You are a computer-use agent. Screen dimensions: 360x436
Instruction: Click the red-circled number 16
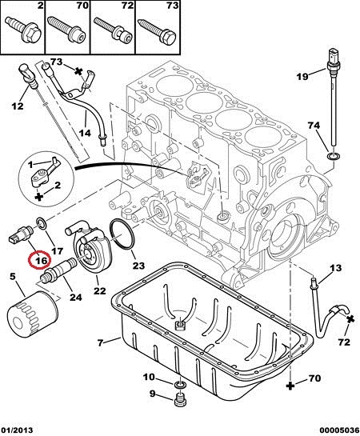[40, 261]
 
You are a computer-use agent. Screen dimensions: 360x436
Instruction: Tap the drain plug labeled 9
[181, 400]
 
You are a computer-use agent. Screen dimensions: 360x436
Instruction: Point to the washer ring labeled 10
[180, 386]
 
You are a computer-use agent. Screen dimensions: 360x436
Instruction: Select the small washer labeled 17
[42, 224]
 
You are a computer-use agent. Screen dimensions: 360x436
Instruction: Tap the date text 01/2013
[17, 430]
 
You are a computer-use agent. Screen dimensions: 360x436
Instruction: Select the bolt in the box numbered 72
[112, 30]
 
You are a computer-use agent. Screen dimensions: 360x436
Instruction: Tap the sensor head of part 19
[333, 59]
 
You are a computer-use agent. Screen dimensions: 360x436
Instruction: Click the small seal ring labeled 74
[333, 156]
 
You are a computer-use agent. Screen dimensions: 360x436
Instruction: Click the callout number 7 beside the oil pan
[100, 342]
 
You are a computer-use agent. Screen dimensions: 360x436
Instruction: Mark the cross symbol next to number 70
[290, 386]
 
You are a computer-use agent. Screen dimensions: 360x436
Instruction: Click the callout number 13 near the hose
[336, 268]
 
